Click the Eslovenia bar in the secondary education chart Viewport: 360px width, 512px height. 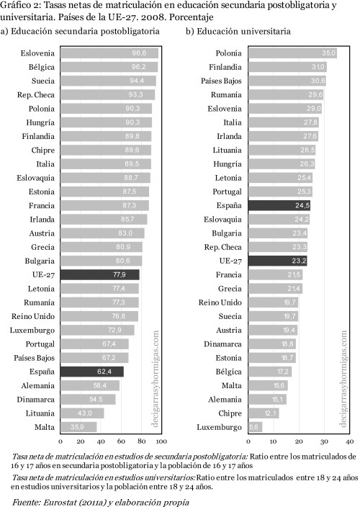pos(109,53)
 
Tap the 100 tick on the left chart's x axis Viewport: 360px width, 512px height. pos(161,440)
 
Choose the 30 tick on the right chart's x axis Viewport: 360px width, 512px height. pos(324,440)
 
